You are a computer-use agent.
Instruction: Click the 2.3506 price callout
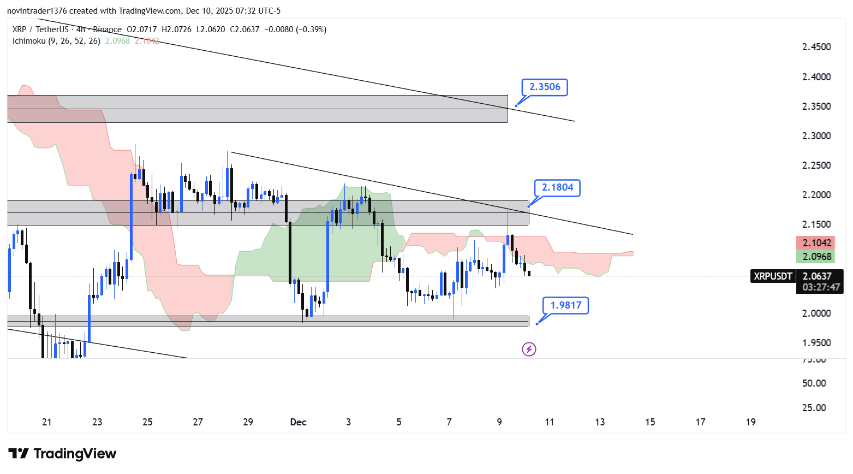[x=545, y=87]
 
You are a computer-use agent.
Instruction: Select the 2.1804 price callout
[x=557, y=188]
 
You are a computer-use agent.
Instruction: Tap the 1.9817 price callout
[x=566, y=305]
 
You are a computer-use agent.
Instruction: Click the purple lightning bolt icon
[x=529, y=349]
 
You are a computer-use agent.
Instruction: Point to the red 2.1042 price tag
[x=816, y=243]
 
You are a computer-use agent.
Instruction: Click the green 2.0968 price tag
[x=816, y=257]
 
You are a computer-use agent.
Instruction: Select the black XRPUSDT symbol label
[x=772, y=276]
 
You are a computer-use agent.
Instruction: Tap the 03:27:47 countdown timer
[x=820, y=287]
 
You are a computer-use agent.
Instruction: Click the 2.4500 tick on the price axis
[x=816, y=47]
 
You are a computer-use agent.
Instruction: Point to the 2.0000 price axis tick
[x=816, y=313]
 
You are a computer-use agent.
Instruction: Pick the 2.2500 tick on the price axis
[x=816, y=165]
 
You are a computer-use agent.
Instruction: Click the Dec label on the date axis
[x=298, y=422]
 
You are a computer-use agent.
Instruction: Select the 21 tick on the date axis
[x=47, y=422]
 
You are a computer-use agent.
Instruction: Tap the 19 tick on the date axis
[x=751, y=422]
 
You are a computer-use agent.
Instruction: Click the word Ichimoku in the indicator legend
[x=29, y=41]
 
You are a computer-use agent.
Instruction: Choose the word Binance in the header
[x=107, y=29]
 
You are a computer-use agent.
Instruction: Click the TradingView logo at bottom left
[x=62, y=454]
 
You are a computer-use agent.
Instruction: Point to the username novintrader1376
[x=37, y=11]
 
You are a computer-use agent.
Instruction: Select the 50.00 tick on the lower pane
[x=814, y=383]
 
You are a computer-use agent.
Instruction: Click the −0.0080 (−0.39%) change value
[x=295, y=29]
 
